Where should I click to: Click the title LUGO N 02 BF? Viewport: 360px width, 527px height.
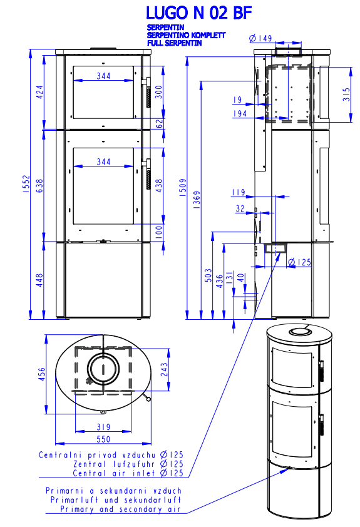(x=198, y=13)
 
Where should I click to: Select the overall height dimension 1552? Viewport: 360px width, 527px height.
(x=26, y=184)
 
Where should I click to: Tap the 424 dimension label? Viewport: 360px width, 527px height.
(x=39, y=92)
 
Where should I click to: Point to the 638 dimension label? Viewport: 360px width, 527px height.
(x=39, y=185)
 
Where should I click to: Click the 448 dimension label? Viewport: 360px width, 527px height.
(x=39, y=280)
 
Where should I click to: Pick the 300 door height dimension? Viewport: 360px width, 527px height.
(x=158, y=92)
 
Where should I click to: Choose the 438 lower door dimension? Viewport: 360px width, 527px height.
(x=158, y=185)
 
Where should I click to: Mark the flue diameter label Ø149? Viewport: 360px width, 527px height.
(x=260, y=38)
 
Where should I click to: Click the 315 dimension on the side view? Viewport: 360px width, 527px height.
(x=346, y=95)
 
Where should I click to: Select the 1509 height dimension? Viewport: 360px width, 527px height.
(x=183, y=188)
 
